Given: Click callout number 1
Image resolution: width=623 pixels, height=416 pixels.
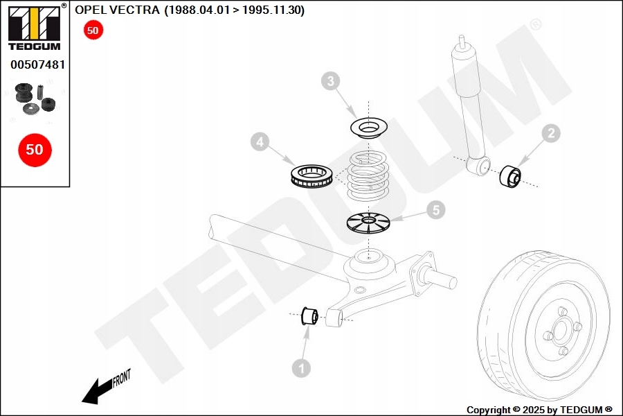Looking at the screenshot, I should click(x=301, y=368).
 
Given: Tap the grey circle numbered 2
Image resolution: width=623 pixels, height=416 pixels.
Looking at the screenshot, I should click(x=550, y=133).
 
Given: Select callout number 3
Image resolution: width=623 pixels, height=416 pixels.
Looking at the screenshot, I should click(x=331, y=82).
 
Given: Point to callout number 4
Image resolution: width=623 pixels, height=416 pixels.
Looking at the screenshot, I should click(x=260, y=143).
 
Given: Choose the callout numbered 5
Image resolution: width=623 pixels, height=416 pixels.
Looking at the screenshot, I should click(x=435, y=209).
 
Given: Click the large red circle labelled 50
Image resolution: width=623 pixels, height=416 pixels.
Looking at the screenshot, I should click(x=35, y=149).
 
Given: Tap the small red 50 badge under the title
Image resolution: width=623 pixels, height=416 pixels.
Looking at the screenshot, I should click(x=93, y=30).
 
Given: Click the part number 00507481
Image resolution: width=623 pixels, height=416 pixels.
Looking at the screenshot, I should click(x=37, y=64).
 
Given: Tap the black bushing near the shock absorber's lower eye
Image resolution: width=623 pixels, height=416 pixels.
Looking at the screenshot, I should click(x=510, y=176).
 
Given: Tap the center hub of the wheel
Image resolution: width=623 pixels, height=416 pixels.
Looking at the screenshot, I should click(x=559, y=332).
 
